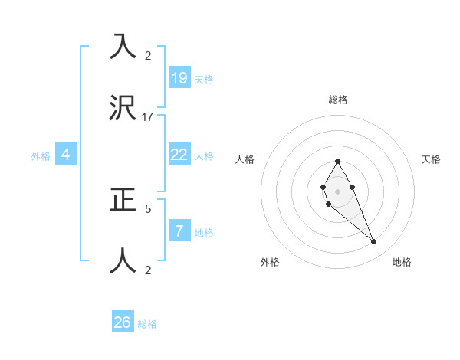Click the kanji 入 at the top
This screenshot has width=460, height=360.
pos(123,46)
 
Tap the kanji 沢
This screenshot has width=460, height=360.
pos(123,107)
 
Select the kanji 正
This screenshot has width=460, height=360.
pos(123,199)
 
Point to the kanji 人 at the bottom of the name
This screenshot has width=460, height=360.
pos(123,260)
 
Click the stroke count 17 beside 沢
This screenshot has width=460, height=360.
pos(148,116)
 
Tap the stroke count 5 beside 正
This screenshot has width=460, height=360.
pos(148,208)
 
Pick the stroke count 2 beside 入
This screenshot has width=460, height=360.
pos(148,55)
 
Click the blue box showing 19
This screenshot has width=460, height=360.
pos(179,77)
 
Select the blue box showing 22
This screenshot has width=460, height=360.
pos(179,155)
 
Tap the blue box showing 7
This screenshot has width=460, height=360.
pos(179,231)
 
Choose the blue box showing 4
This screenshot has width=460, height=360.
pos(66,155)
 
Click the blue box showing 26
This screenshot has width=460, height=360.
pos(123,322)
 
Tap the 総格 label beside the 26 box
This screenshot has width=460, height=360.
pos(147,324)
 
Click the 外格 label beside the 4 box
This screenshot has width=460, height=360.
pos(41,156)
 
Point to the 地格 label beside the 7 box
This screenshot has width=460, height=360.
pos(204,233)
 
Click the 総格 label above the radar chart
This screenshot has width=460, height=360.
pos(338,100)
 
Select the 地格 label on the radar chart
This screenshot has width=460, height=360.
pos(402,262)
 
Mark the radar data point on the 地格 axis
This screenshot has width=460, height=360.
pos(374,242)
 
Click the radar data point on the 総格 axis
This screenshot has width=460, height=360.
pos(337,162)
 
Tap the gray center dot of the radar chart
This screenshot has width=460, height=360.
pos(337,191)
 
